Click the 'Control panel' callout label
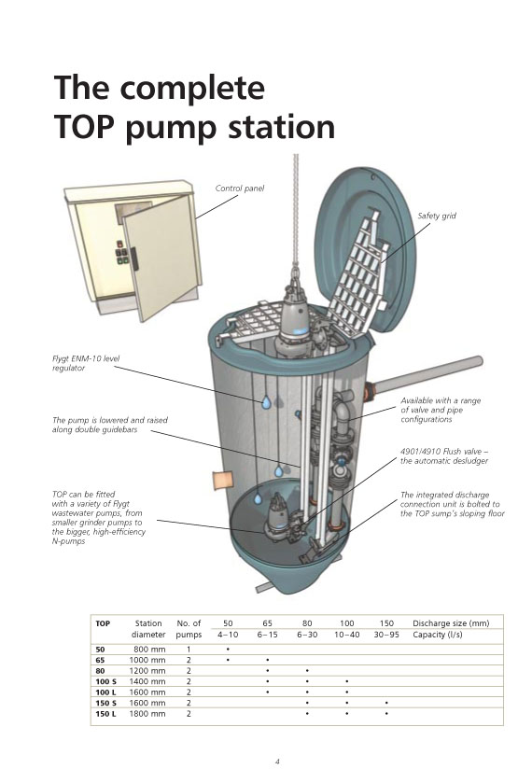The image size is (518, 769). coord(239,189)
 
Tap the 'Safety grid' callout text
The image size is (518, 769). coord(437,216)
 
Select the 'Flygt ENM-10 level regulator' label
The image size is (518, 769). coord(86,363)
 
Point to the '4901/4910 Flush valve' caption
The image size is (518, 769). coord(444,455)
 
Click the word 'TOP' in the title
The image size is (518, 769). coord(85,127)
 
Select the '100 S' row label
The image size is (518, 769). coord(106,681)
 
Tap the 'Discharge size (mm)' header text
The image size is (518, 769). coord(451,623)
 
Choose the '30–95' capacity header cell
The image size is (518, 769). coord(386,635)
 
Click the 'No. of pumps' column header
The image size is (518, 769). coord(189,629)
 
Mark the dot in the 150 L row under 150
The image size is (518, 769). coord(386,714)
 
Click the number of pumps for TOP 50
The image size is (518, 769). coord(189,649)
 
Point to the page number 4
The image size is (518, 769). coord(277,762)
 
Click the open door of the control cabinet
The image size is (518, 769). coord(160,258)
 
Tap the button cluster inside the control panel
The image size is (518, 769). coord(122,253)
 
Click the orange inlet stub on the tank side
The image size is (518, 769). coord(222,480)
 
